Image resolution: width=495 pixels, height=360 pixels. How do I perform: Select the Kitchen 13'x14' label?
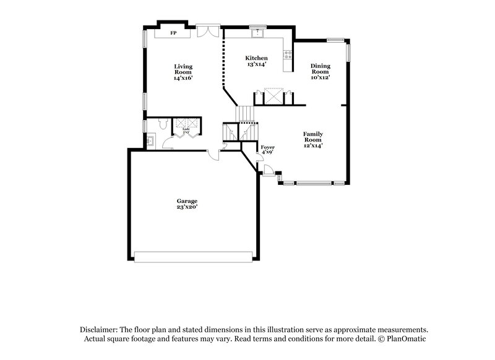click(x=256, y=61)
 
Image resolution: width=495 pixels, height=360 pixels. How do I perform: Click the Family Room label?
click(x=312, y=139)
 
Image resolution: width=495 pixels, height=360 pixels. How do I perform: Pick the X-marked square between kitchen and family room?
click(x=273, y=96)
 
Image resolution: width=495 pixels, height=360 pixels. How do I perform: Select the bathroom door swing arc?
click(x=168, y=144)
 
